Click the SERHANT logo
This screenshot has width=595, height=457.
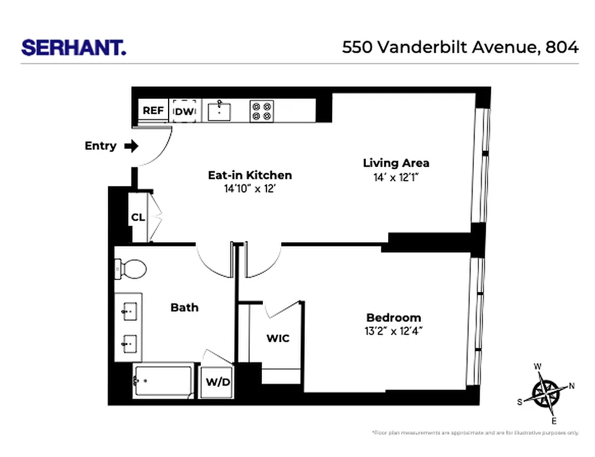pos(74,47)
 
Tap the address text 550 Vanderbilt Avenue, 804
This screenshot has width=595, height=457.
pos(460,47)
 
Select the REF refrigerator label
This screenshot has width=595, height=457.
pos(153,111)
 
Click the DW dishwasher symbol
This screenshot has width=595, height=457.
pos(185,111)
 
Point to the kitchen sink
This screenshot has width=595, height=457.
pos(219,111)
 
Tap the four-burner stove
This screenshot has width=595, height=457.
pos(262,111)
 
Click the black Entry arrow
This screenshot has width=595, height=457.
pos(131,146)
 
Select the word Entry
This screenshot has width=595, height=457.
pos(101,146)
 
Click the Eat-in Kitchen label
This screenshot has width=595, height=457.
pos(250,175)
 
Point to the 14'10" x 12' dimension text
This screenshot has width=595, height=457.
pos(250,189)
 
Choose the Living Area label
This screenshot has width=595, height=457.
pos(396,163)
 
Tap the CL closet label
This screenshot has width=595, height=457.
pos(138,218)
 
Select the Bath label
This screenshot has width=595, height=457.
pos(185,308)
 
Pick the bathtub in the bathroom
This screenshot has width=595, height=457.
pos(163,381)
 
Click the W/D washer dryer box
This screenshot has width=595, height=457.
pos(218,382)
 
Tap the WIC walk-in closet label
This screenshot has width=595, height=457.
pos(278,338)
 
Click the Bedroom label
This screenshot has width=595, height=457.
pos(394,318)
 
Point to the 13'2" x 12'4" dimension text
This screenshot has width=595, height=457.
pos(394,331)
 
